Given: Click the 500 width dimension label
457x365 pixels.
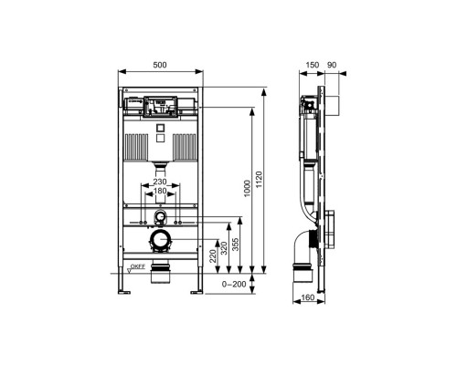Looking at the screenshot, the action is coord(160,65).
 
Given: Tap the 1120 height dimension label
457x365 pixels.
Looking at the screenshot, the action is coord(259,180).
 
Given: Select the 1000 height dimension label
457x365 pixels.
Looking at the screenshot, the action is coord(247,189).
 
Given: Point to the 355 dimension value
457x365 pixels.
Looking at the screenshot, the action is coord(235,245).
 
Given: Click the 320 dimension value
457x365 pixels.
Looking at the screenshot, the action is coord(224,248).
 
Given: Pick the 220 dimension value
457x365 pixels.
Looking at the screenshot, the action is coord(213,255).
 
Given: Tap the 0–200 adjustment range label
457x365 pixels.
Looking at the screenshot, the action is coord(234,285).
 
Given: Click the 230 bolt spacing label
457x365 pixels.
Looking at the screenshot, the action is coord(160,182).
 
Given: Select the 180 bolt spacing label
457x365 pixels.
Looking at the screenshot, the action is coord(160,191).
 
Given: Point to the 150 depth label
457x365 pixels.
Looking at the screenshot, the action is coord(313,65).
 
